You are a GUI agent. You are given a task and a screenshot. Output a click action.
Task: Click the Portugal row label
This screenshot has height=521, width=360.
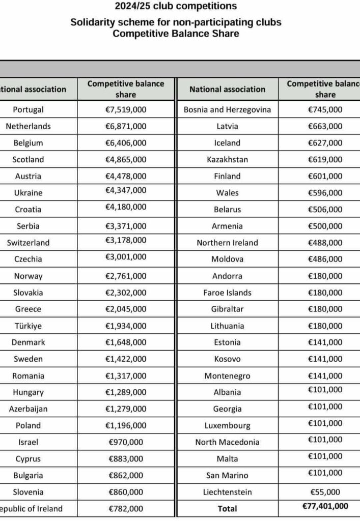coord(29,109)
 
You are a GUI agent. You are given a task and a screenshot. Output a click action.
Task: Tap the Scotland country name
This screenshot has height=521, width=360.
coord(29,159)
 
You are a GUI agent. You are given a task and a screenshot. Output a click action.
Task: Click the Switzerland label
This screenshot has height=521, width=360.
coord(29,243)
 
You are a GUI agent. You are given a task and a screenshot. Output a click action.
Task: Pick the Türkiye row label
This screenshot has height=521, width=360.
coord(29,326)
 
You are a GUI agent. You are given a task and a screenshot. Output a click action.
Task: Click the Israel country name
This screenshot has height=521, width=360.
coord(29,442)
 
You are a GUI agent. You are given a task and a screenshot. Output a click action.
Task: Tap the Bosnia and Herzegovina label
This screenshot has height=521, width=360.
coord(227,109)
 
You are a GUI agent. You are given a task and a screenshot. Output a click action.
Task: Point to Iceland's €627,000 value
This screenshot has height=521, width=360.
coord(325,143)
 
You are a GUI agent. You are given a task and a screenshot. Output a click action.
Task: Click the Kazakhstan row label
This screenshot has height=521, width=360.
coord(227,159)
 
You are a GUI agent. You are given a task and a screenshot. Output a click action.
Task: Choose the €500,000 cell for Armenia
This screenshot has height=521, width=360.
coord(325,226)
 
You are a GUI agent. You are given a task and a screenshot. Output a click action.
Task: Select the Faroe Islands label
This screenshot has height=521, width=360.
coord(227,293)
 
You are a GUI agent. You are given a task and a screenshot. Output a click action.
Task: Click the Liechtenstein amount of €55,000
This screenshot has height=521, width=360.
coord(325,492)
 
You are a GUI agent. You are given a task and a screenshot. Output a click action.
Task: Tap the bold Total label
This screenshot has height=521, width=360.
coord(227,508)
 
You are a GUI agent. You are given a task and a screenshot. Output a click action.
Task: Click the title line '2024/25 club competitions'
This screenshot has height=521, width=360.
coord(176,7)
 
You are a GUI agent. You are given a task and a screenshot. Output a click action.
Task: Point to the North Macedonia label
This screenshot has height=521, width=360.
coord(227,442)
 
